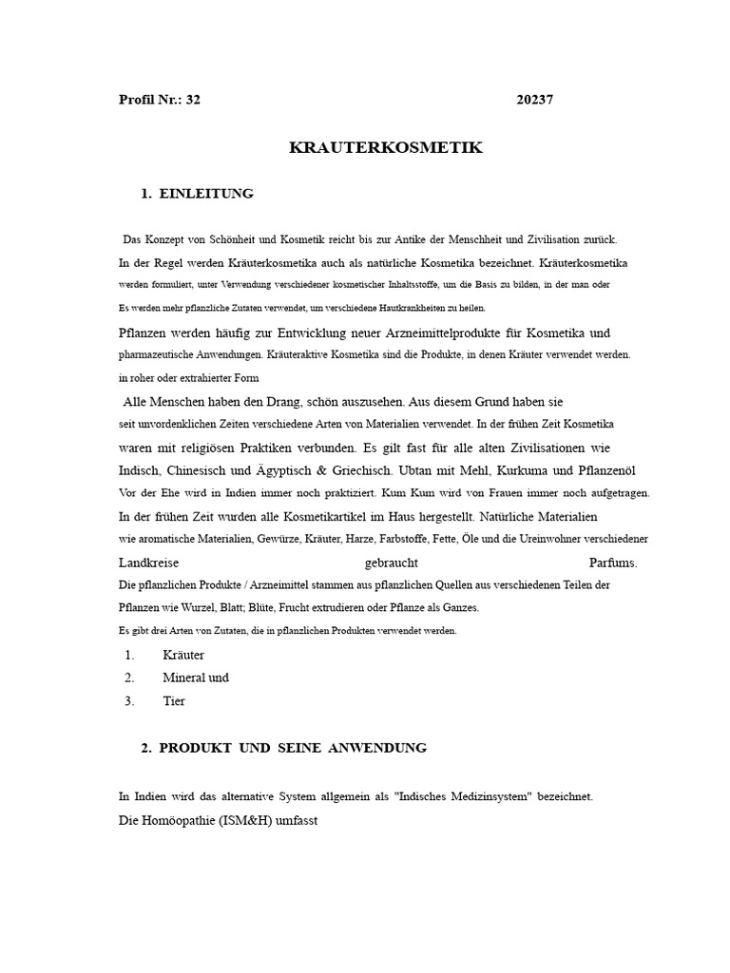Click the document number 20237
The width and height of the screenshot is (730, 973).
coord(535,100)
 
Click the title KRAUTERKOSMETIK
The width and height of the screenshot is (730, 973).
coord(385,147)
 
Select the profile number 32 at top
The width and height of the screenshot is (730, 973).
coord(193,100)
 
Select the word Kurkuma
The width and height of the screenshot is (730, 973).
coord(519,469)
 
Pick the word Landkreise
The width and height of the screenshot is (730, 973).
coord(149,563)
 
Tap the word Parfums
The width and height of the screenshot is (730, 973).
coord(614,563)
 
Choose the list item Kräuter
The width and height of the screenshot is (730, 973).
coord(183,655)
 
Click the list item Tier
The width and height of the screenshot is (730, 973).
coord(174,701)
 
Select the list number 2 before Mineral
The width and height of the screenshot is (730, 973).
coord(129,678)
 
